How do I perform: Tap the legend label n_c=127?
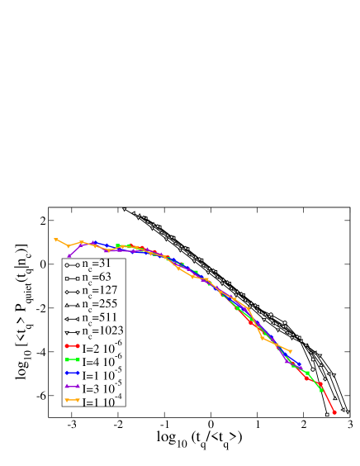100,292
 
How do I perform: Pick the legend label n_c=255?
100,305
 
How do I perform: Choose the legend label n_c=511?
100,318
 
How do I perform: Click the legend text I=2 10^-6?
102,345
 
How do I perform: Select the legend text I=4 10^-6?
102,359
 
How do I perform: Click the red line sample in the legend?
72,346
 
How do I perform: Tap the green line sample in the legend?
72,359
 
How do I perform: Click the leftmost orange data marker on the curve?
56,240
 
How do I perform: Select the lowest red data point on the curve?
334,411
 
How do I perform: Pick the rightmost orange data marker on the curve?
291,351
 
